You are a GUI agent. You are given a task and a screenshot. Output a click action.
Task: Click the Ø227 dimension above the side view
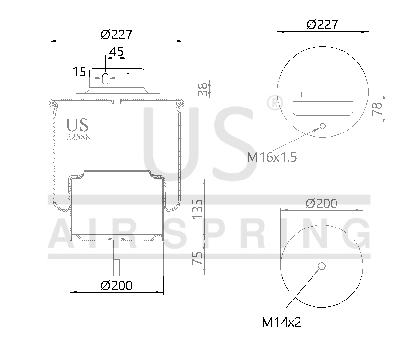point(116,35)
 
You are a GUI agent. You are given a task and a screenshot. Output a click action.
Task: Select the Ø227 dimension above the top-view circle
point(322,24)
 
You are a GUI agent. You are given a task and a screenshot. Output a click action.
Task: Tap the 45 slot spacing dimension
point(116,51)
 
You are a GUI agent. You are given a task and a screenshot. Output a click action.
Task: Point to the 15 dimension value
point(79,72)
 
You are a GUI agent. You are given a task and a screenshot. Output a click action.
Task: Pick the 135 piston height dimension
point(198,209)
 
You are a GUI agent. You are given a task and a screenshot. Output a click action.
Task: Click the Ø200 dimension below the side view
point(116,286)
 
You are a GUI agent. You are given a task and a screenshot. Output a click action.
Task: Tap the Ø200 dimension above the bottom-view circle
point(322,204)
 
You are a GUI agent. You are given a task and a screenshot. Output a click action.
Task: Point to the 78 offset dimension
point(378,108)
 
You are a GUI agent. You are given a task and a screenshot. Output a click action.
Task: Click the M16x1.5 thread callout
point(272,157)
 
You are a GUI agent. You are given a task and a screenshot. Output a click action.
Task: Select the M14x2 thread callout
point(281,322)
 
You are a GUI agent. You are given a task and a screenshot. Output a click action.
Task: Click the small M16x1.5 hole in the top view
point(323,126)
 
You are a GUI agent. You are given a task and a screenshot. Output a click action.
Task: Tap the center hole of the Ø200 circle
point(322,266)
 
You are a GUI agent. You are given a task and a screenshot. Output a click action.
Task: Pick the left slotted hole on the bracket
point(106,78)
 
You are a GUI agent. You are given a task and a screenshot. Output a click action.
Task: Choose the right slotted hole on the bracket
point(128,78)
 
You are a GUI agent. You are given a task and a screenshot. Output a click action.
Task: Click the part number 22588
point(78,136)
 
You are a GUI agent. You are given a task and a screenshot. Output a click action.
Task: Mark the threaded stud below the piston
point(117,257)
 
